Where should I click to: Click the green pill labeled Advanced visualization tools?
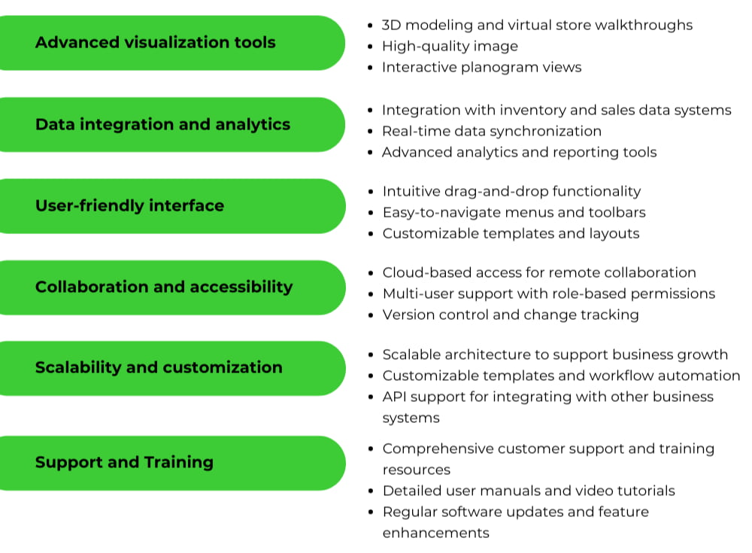click(156, 43)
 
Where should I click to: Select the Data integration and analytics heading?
click(162, 125)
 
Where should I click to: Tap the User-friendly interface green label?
click(129, 206)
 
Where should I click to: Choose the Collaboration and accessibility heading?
click(164, 287)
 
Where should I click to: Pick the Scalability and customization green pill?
click(159, 368)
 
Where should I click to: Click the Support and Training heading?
click(124, 463)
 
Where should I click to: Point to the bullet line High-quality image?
click(450, 46)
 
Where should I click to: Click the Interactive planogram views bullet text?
click(481, 67)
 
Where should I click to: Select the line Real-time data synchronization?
click(491, 131)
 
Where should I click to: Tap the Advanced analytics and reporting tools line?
click(519, 152)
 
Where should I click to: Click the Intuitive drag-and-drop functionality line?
click(511, 191)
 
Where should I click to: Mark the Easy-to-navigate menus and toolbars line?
click(514, 212)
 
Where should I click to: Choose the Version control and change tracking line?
click(511, 314)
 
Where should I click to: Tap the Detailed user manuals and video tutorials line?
click(529, 491)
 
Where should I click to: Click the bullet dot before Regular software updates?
click(371, 512)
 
